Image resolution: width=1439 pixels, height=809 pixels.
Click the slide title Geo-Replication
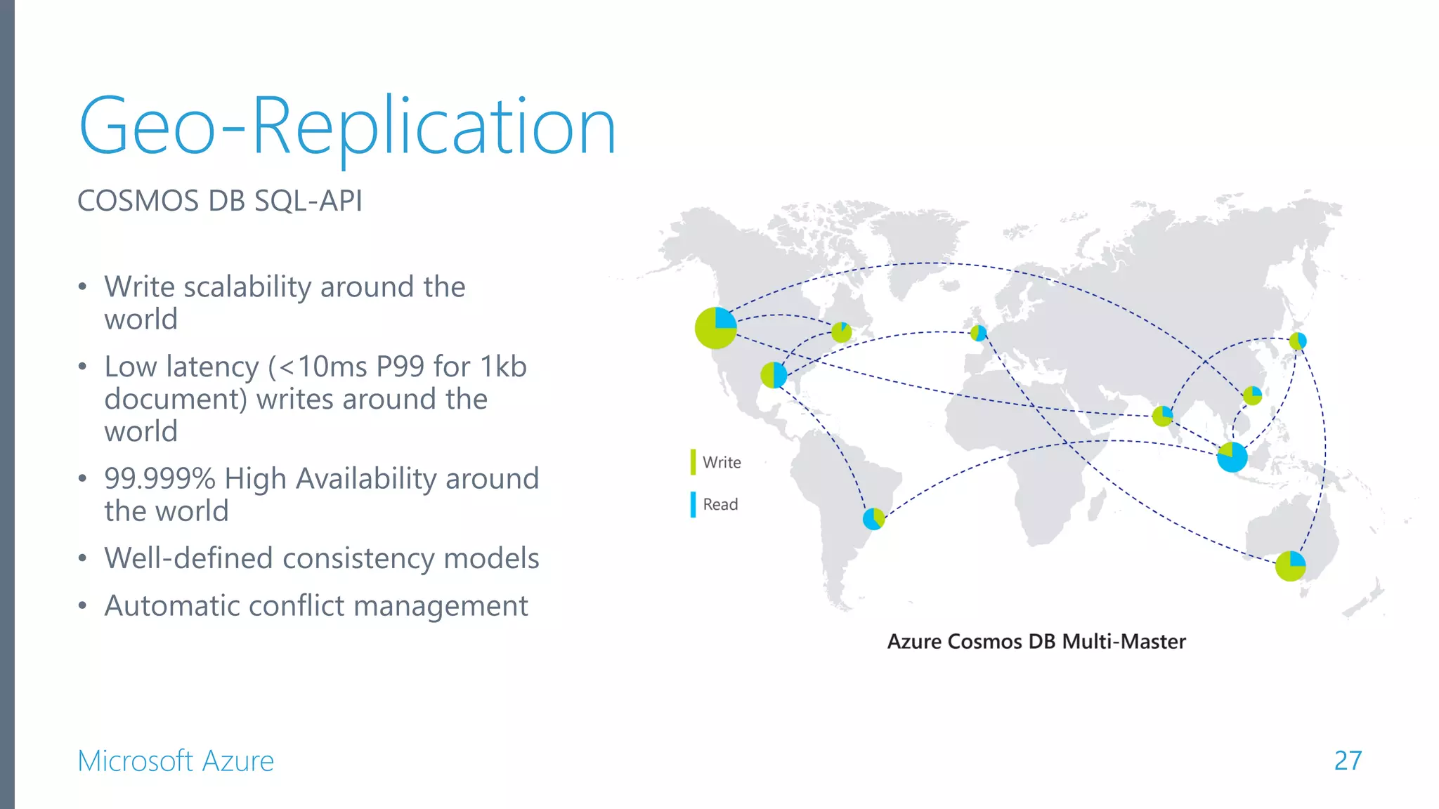tap(347, 126)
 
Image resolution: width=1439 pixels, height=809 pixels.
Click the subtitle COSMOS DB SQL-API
tap(219, 201)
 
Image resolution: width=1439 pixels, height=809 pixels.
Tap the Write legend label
tap(722, 462)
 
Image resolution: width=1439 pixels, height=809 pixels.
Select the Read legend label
tap(720, 504)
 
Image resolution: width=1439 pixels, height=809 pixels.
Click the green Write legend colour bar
tap(693, 462)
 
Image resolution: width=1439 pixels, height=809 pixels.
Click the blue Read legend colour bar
tap(693, 504)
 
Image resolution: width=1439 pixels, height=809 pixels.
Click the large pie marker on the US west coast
tap(715, 328)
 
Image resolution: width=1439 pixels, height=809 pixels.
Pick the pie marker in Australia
tap(1290, 565)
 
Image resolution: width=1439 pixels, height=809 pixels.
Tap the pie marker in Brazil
tap(873, 519)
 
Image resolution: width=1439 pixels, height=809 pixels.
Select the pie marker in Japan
tap(1298, 341)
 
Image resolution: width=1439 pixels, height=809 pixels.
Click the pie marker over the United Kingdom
tap(978, 333)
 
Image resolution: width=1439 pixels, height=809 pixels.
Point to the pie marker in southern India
tap(1162, 416)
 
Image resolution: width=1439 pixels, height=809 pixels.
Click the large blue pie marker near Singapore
tap(1232, 457)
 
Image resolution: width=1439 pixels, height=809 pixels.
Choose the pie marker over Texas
tap(774, 375)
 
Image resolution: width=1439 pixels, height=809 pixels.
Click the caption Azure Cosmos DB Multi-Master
tap(1036, 641)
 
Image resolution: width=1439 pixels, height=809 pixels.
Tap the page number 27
tap(1347, 761)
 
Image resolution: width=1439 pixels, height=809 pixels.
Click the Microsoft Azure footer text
tap(176, 761)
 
